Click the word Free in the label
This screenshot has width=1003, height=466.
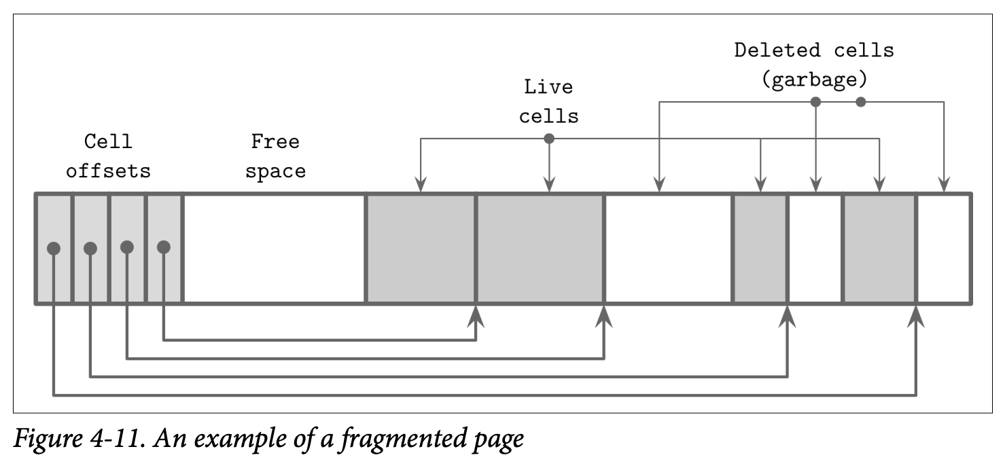click(275, 142)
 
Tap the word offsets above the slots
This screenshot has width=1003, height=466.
click(108, 171)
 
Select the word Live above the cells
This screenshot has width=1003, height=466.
click(548, 87)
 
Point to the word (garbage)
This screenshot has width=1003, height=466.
click(813, 79)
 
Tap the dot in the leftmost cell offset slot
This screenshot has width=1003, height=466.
click(54, 249)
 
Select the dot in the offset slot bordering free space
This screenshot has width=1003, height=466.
click(163, 247)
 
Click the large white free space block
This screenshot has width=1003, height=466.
click(274, 249)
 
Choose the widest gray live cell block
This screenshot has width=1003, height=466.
click(540, 249)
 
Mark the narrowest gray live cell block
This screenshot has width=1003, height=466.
click(760, 249)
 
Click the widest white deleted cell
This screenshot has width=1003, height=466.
click(668, 249)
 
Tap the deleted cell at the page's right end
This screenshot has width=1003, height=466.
click(943, 249)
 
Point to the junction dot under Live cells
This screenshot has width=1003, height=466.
click(549, 139)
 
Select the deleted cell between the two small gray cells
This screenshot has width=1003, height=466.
click(815, 249)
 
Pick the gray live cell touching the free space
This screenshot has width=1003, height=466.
click(421, 249)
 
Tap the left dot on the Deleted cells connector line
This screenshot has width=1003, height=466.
click(817, 102)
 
